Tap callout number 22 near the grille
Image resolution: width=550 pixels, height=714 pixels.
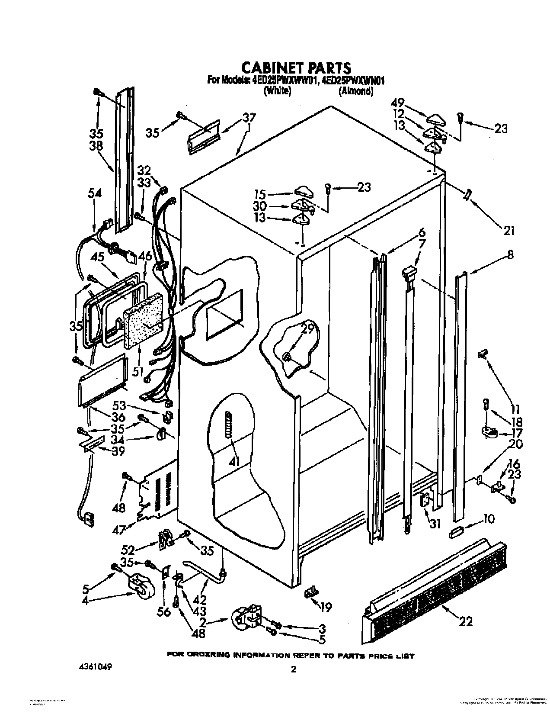point(465,621)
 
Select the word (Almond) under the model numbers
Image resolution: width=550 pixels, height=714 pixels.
point(355,91)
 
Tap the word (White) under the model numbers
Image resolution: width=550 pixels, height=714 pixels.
point(277,91)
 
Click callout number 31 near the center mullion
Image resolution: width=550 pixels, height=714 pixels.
point(435,524)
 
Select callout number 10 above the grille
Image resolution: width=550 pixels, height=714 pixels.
point(488,518)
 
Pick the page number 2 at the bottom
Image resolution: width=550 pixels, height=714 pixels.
point(294,669)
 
